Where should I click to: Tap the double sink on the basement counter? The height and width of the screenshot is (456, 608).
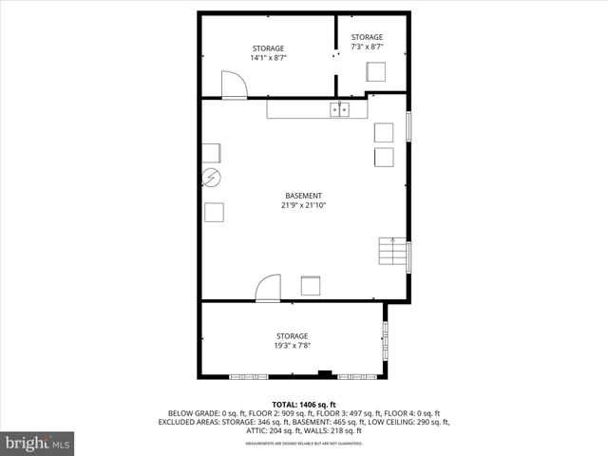coord(340,110)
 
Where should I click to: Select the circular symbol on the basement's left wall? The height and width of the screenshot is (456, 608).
coord(211,178)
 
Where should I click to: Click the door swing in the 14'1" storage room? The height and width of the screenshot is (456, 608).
coord(234,85)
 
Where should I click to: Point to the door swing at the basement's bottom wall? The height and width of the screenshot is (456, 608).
coord(269,288)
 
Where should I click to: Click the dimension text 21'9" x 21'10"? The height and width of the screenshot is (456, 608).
coord(303,205)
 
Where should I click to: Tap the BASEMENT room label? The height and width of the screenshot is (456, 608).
coord(303,196)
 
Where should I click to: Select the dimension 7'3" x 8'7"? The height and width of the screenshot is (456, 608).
coord(367,47)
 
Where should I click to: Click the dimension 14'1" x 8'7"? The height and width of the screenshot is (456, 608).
coord(268,58)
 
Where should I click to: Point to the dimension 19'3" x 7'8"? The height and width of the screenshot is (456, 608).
coord(292,346)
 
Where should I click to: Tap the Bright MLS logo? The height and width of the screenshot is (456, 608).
coord(38,443)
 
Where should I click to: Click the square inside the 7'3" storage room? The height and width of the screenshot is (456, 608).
coord(377,73)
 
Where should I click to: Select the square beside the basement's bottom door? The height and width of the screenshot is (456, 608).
coord(311,285)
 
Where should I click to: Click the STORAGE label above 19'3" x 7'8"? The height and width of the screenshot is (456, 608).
coord(292,336)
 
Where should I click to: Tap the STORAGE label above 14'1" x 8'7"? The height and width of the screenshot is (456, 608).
coord(268,48)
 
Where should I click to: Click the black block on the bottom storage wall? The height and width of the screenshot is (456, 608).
coord(325,374)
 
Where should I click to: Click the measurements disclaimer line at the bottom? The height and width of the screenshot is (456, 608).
coord(304,444)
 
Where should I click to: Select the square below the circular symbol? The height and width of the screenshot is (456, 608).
coord(214,212)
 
